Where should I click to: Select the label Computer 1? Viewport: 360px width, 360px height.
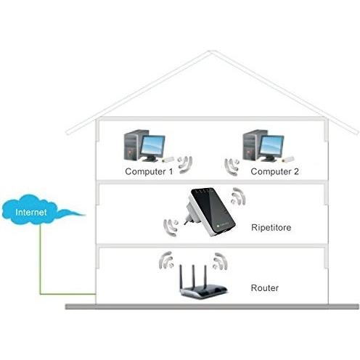[x=149, y=172]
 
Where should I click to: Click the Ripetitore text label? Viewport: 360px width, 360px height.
[x=271, y=226]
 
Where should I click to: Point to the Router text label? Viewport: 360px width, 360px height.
[x=263, y=288]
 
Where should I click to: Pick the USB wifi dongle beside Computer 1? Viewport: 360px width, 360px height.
[x=166, y=160]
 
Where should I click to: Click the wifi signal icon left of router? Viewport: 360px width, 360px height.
[x=166, y=260]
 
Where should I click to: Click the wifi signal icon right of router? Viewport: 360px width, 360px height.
[x=220, y=260]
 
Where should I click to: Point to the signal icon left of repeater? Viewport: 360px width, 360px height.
[x=172, y=226]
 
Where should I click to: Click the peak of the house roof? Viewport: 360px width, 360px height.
[x=211, y=52]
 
